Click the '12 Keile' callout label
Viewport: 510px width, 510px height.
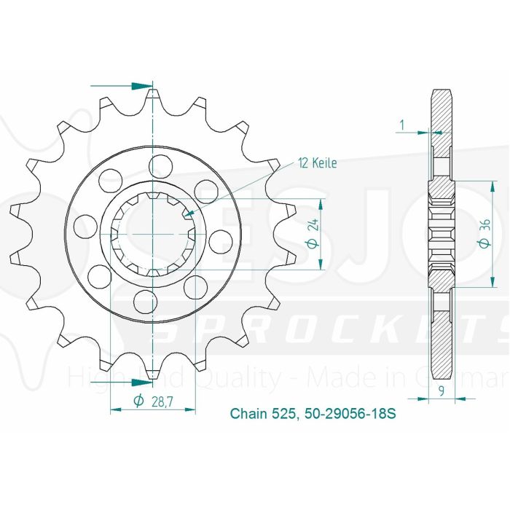tap(317, 164)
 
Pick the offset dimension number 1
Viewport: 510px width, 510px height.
tap(401, 125)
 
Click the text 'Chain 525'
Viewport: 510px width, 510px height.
tap(262, 414)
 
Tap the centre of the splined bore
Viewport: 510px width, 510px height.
tap(152, 232)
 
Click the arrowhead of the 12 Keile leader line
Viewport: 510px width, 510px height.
tap(188, 213)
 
